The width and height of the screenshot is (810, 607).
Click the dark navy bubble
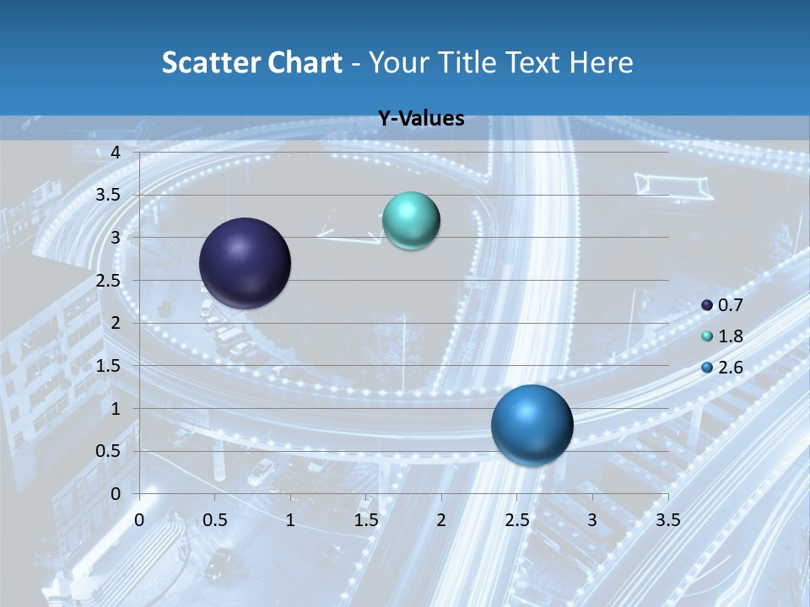[246, 263]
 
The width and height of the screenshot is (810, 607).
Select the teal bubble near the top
[411, 220]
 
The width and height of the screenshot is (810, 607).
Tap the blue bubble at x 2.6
[532, 425]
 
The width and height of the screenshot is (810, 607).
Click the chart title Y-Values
[421, 119]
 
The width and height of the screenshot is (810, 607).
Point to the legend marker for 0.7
[707, 305]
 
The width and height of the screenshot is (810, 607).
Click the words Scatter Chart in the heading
[251, 62]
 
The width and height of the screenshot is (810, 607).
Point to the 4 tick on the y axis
[116, 153]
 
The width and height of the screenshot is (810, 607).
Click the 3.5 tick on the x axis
[667, 521]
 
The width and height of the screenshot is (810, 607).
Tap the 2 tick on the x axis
[441, 521]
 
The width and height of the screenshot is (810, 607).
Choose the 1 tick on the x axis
[290, 521]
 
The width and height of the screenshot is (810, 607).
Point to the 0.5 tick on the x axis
[215, 521]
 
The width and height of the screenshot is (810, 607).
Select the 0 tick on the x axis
[140, 521]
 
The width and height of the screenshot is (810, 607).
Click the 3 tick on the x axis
[592, 521]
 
